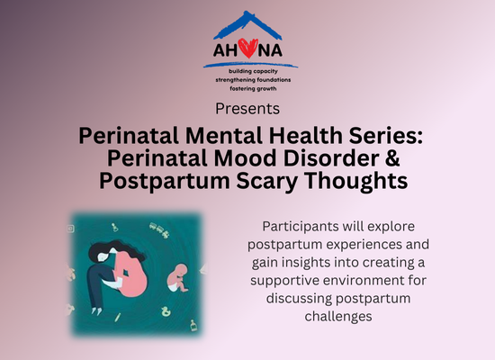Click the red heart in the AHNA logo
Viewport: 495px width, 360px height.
(247, 49)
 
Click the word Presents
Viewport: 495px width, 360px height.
(247, 109)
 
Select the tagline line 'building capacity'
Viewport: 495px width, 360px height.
(253, 71)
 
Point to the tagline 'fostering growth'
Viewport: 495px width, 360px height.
(253, 89)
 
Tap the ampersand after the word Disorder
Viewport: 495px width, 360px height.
(392, 157)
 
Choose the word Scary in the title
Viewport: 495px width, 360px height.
(266, 182)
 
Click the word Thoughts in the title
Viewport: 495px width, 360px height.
(355, 182)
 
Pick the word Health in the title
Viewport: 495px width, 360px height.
(306, 136)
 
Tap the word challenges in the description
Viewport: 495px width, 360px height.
(338, 317)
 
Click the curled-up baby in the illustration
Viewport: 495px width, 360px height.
(177, 278)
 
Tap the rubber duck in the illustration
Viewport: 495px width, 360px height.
(166, 311)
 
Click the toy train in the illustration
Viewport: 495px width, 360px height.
(158, 229)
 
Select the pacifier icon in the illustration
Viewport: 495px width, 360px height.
(114, 227)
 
